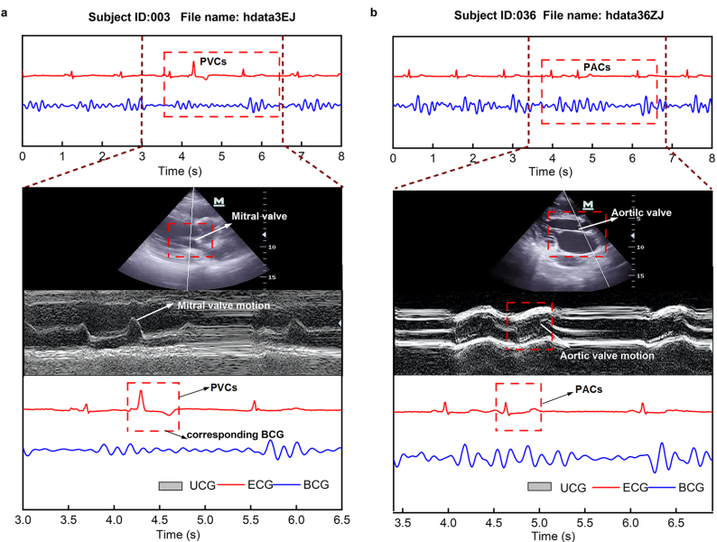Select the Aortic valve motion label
(606, 356)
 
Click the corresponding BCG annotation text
(236, 435)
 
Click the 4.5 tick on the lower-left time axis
(160, 522)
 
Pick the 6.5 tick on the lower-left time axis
(341, 522)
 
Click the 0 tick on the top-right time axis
(393, 156)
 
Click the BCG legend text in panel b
(692, 488)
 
